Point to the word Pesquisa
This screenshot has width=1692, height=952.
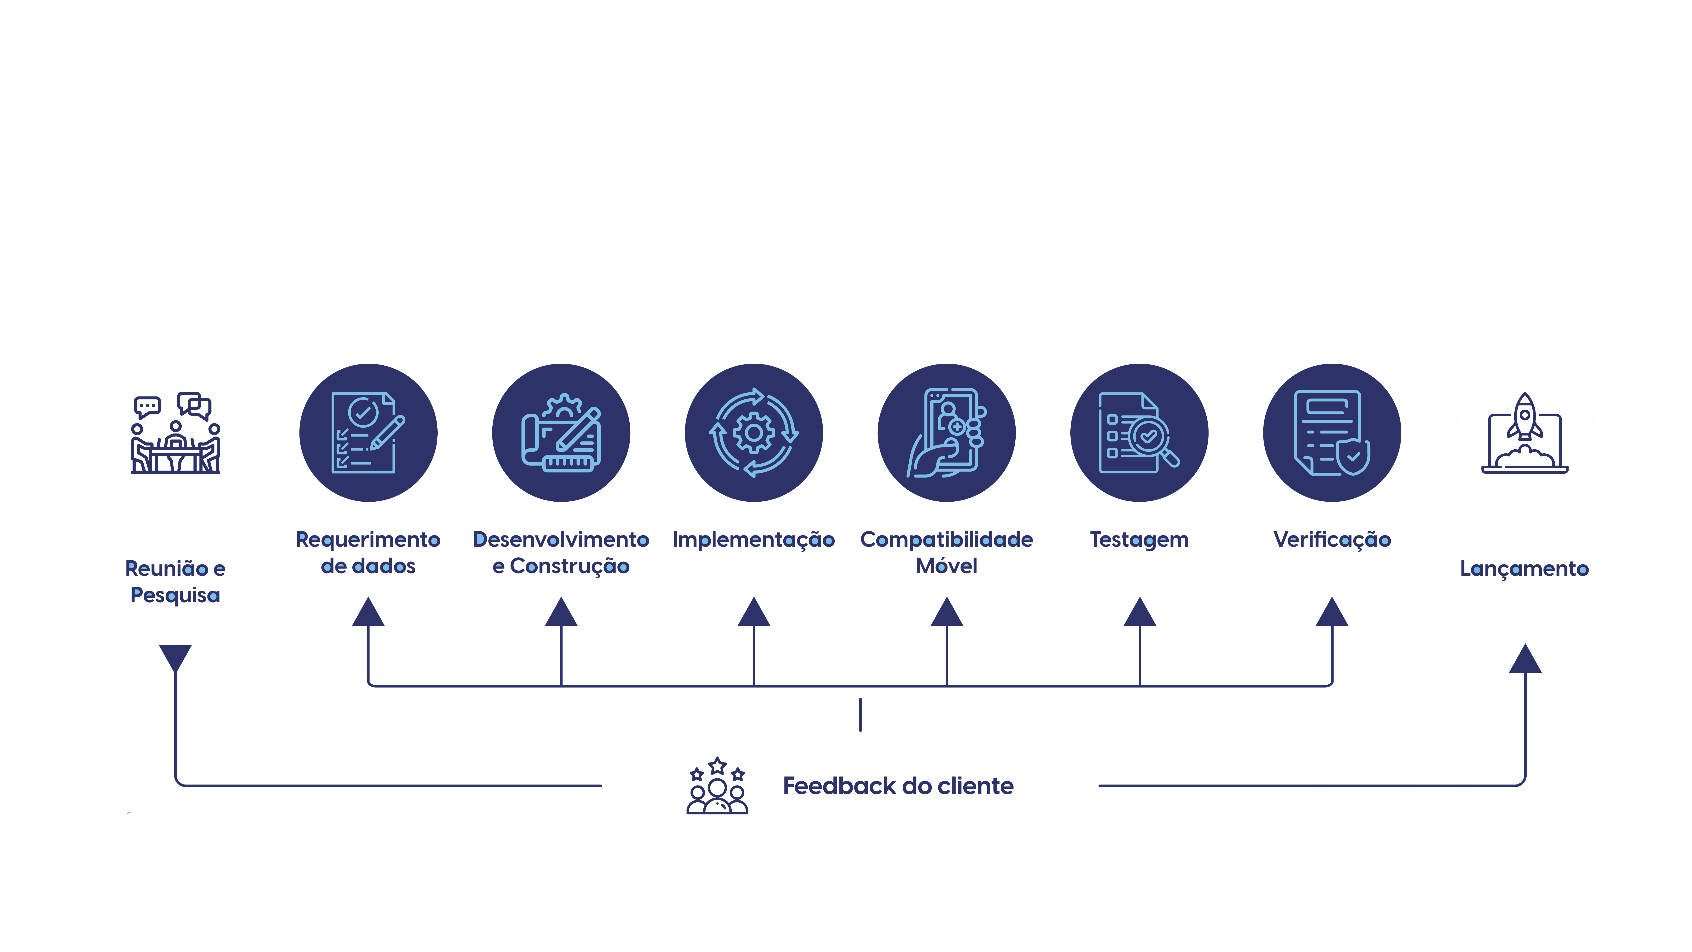coord(175,595)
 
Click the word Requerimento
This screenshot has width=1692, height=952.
coord(368,539)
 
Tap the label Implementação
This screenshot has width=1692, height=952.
coord(753,539)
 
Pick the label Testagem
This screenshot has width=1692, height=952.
coord(1139,539)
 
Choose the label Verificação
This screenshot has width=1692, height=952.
coord(1332,539)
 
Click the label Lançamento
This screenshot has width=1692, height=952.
coord(1524,568)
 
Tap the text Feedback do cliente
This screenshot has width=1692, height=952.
coord(898,786)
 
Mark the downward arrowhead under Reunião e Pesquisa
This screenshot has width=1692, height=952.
coord(175,657)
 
